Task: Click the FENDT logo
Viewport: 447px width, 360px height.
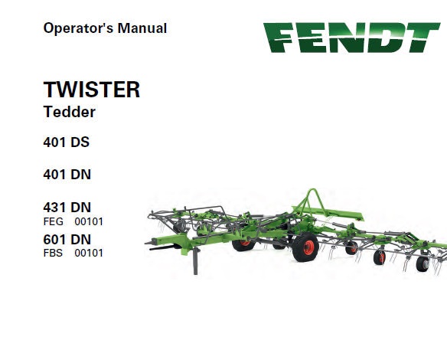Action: coord(351,38)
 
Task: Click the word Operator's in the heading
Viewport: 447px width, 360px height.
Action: coord(78,28)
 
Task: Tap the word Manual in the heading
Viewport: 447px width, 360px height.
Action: coord(142,28)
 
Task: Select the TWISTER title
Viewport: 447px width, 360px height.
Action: coord(92,90)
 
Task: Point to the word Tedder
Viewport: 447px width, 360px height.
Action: coord(70,112)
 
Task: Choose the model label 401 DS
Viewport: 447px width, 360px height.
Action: coord(66,142)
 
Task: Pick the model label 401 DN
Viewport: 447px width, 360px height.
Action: coord(67,175)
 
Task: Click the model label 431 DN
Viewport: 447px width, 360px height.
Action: coord(67,207)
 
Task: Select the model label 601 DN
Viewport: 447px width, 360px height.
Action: coord(67,239)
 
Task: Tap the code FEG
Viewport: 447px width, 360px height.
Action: coord(54,221)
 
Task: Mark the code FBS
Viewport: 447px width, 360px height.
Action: coord(53,253)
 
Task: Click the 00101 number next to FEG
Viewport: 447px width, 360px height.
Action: coord(89,221)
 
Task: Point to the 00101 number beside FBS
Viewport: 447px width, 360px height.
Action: coord(89,253)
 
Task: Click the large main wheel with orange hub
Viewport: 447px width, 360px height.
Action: coord(305,247)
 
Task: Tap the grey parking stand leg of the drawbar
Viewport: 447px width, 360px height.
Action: coord(196,261)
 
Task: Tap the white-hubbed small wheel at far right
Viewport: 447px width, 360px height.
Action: coord(423,263)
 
